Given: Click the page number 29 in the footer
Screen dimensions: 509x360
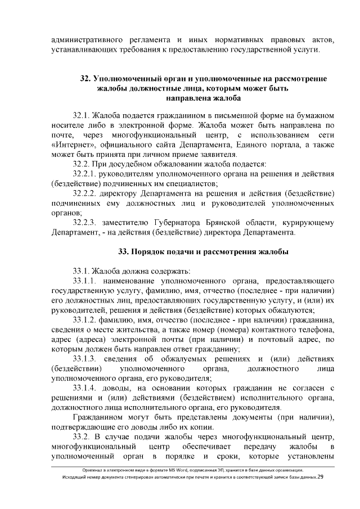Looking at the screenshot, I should click(x=321, y=478).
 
